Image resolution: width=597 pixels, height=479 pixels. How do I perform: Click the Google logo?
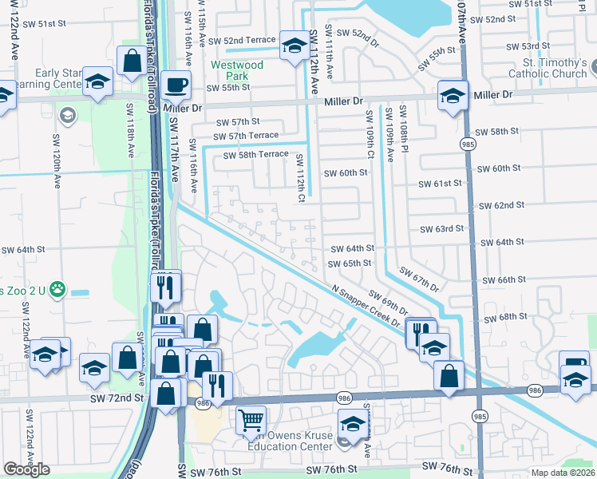click(x=26, y=469)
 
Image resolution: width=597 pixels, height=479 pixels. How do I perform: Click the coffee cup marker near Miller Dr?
click(x=175, y=85)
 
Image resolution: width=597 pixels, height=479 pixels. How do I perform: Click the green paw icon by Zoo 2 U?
click(x=57, y=289)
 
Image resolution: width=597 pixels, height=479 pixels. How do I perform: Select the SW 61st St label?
click(x=441, y=184)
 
